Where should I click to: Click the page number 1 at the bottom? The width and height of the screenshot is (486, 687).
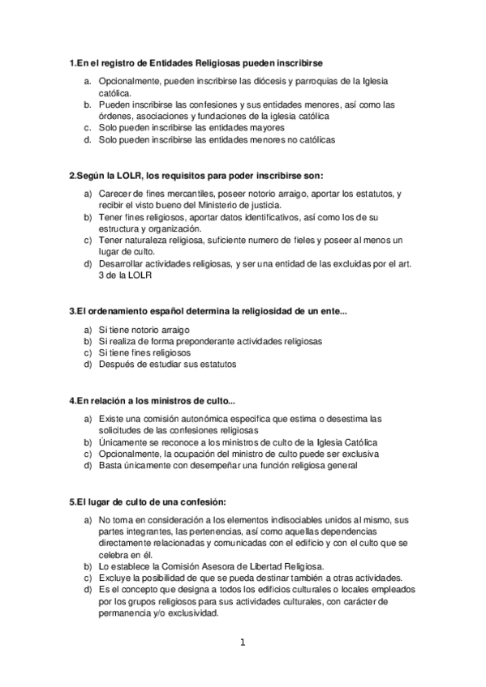click(x=242, y=643)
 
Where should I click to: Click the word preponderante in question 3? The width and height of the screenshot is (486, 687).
click(x=196, y=341)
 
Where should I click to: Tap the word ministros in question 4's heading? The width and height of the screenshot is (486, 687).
click(x=166, y=400)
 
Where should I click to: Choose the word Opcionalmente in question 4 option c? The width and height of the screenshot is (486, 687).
click(x=129, y=454)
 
